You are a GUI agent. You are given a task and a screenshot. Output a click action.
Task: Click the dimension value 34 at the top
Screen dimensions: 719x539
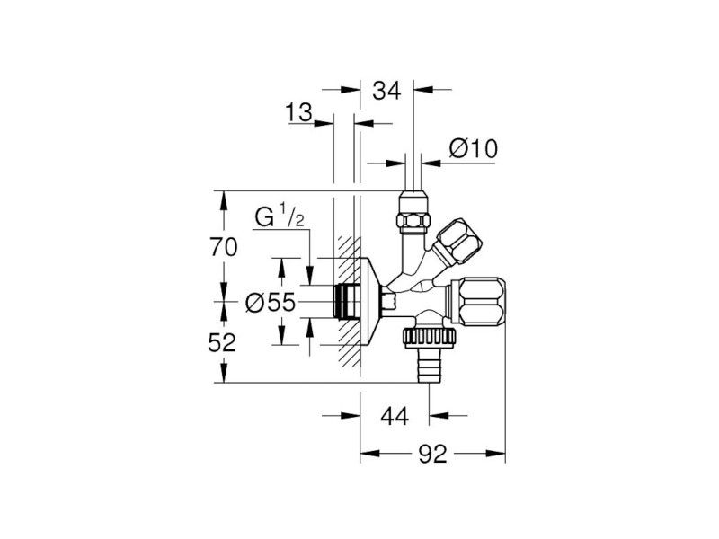click(386, 91)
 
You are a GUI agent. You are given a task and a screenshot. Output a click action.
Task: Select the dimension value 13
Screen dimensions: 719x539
click(298, 113)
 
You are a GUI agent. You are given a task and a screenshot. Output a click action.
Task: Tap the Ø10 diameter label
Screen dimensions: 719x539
click(474, 149)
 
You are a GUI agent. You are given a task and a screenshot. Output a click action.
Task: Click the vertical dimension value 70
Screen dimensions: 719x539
click(224, 247)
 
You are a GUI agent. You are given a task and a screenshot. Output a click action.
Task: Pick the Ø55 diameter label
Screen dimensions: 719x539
click(271, 303)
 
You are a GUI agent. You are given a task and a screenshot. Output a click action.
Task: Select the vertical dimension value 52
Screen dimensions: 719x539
click(222, 342)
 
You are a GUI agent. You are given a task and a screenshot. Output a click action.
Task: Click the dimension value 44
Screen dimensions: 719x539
click(395, 416)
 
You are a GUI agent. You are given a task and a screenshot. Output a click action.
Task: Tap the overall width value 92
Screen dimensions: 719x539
click(432, 454)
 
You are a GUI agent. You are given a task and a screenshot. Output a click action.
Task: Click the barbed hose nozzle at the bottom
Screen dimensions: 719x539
click(429, 366)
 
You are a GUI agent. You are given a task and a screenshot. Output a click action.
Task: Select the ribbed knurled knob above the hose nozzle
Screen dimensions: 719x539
click(430, 338)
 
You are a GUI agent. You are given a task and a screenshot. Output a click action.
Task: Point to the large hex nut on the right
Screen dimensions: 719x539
click(478, 301)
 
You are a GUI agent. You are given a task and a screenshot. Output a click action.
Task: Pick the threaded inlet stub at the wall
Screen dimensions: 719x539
click(344, 301)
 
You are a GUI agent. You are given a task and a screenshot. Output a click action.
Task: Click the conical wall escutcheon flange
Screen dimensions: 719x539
click(370, 301)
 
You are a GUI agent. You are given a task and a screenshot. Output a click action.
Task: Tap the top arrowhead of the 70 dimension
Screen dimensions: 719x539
click(224, 200)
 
